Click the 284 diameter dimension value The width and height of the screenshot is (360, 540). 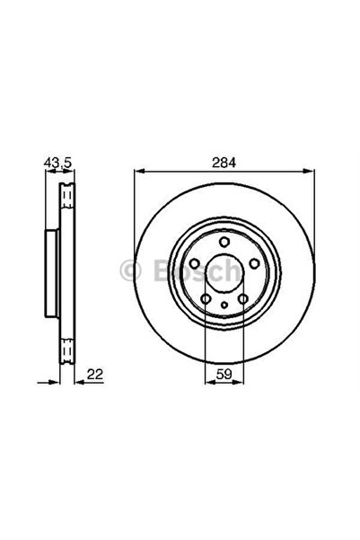[224, 163]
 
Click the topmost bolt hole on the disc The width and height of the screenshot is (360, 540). [224, 241]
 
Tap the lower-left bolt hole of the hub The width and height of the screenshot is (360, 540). [205, 298]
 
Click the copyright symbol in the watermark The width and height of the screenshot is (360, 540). [127, 268]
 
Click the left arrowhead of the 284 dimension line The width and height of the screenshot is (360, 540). [138, 172]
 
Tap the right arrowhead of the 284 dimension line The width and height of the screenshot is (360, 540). [309, 172]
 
